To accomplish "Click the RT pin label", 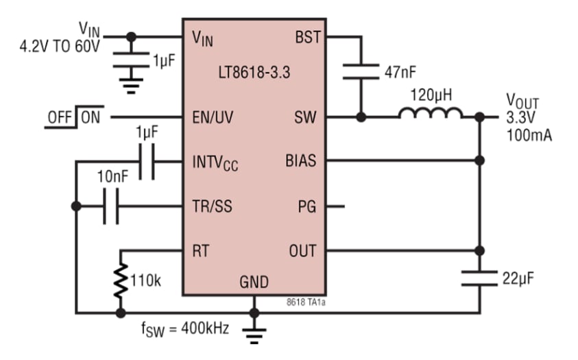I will tap(200, 250).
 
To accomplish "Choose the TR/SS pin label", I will tap(212, 206).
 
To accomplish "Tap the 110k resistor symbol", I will tap(121, 280).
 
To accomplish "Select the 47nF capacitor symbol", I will tap(360, 71).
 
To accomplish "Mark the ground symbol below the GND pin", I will tap(254, 335).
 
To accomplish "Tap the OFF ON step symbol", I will tap(73, 117).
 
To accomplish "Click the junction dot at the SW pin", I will tap(361, 117).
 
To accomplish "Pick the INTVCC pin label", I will tap(215, 163).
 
